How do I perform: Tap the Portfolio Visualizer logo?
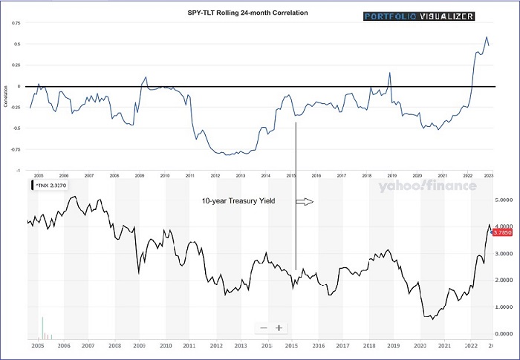pyautogui.click(x=418, y=16)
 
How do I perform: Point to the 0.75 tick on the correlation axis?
pyautogui.click(x=16, y=23)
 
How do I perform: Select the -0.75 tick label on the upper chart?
pyautogui.click(x=15, y=149)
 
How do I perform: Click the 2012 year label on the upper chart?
pyautogui.click(x=215, y=176)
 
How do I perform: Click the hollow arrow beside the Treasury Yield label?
pyautogui.click(x=305, y=201)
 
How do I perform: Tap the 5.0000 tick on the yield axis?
pyautogui.click(x=505, y=200)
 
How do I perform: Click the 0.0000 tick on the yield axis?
pyautogui.click(x=505, y=333)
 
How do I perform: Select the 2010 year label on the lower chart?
pyautogui.click(x=165, y=346)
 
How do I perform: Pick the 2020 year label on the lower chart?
pyautogui.click(x=419, y=346)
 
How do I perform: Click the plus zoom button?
pyautogui.click(x=279, y=328)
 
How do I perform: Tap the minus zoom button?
pyautogui.click(x=264, y=328)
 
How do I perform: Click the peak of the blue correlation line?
pyautogui.click(x=487, y=37)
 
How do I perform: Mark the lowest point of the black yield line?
pyautogui.click(x=432, y=318)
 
